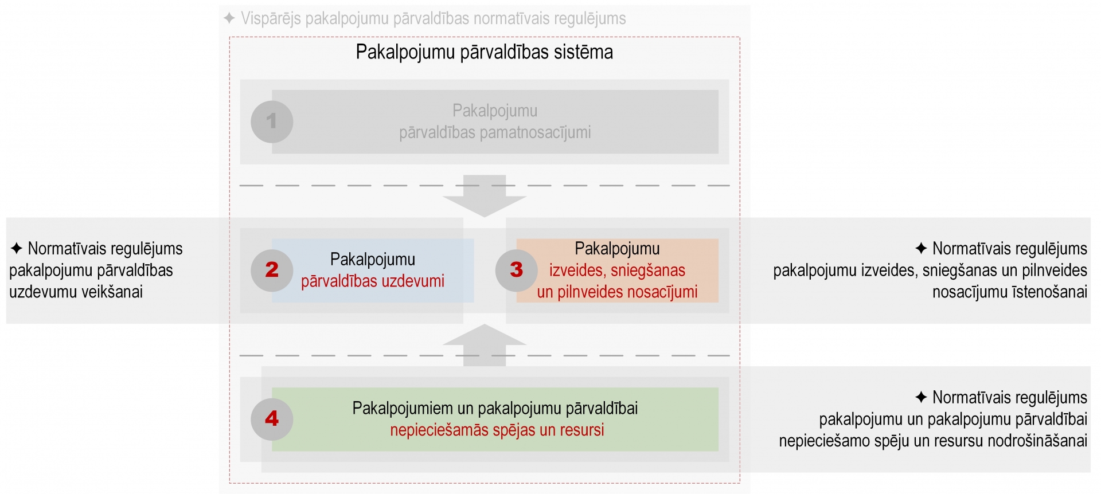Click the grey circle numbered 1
click(272, 121)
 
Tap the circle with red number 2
click(272, 270)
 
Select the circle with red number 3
click(517, 270)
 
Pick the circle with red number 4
click(272, 419)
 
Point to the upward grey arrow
click(485, 345)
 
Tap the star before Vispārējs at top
click(229, 18)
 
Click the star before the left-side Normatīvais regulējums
click(17, 249)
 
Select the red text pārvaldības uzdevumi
click(373, 281)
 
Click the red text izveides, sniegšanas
click(617, 270)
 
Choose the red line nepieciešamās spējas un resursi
click(497, 430)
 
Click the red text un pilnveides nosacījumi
click(617, 292)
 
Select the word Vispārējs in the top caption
click(271, 18)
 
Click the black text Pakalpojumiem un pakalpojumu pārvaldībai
click(495, 408)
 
